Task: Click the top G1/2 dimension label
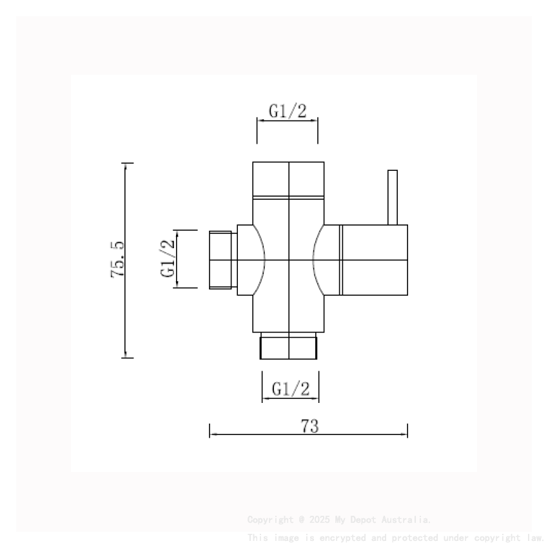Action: point(288,111)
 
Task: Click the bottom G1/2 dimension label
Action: point(291,389)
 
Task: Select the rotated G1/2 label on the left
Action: point(168,259)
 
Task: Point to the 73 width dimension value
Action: point(309,426)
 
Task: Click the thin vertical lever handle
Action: point(392,197)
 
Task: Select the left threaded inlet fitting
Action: point(223,260)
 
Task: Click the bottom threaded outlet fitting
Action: point(289,346)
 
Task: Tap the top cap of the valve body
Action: point(288,179)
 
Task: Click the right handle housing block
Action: point(374,260)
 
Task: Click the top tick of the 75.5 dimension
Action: point(128,163)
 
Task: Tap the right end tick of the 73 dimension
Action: point(407,431)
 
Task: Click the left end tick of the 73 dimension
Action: point(210,431)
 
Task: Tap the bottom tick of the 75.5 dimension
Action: point(128,357)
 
